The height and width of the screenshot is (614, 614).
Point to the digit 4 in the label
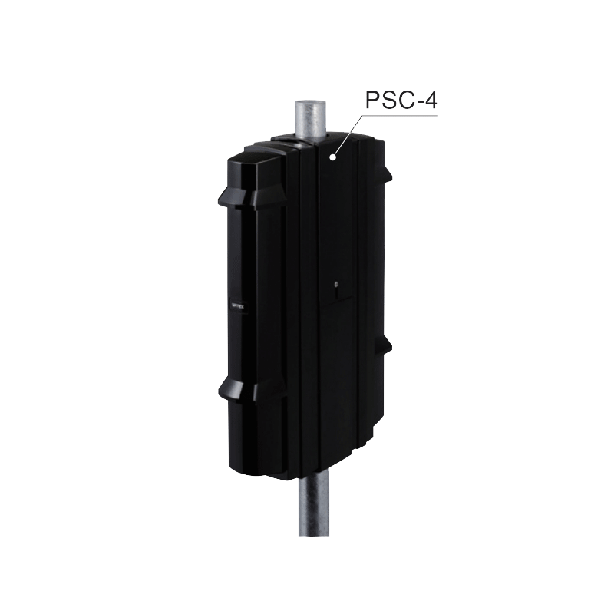coord(432,101)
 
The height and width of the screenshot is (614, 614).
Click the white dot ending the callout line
coord(332,157)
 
